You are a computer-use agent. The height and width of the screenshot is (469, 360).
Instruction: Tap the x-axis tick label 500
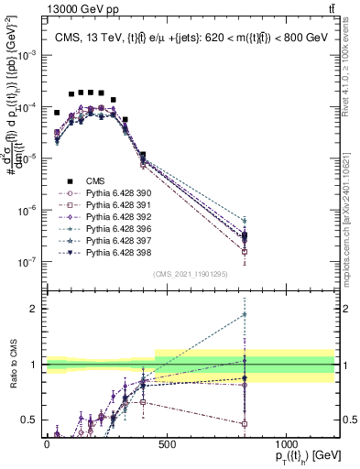point(167,445)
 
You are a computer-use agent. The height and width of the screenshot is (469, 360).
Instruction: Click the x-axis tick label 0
point(47,445)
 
